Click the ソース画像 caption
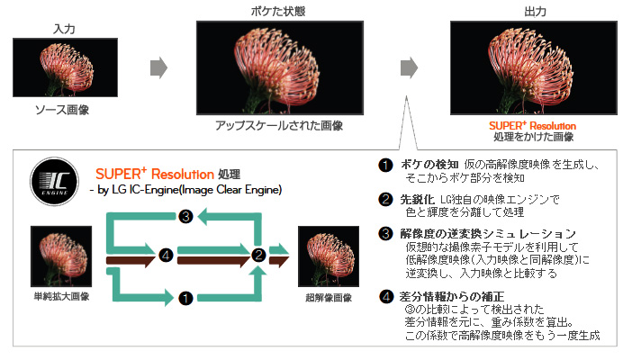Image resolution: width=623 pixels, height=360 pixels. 62,110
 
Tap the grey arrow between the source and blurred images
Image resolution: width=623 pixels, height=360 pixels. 158,67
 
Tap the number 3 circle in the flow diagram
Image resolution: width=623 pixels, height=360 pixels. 185,217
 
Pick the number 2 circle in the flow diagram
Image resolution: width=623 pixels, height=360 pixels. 258,255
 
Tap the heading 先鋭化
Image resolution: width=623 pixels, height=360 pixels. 419,199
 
